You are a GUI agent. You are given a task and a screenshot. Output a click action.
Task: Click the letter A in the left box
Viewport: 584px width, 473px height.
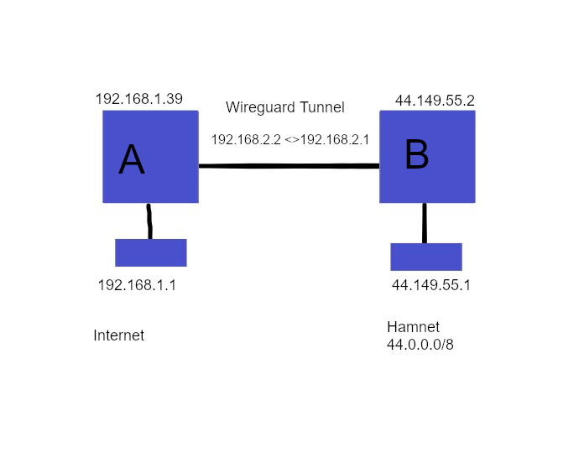click(x=132, y=159)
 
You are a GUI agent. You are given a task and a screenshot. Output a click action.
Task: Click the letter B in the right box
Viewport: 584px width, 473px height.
click(x=417, y=154)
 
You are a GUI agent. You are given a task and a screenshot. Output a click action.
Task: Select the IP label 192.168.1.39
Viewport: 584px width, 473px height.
click(x=139, y=99)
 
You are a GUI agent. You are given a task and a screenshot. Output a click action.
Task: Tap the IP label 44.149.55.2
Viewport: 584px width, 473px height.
click(x=435, y=101)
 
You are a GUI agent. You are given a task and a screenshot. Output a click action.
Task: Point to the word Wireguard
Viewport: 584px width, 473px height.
click(x=260, y=107)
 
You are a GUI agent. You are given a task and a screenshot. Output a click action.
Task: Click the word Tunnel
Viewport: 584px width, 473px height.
click(x=322, y=107)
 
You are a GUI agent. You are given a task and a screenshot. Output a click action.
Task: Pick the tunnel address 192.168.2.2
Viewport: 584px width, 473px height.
click(x=246, y=139)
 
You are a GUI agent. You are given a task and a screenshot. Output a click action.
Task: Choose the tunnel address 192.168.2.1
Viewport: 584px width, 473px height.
click(x=335, y=139)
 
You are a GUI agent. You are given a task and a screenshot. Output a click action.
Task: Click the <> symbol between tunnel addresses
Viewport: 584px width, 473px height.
click(x=292, y=140)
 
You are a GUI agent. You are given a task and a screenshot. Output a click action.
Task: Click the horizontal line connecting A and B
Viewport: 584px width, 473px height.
click(x=289, y=166)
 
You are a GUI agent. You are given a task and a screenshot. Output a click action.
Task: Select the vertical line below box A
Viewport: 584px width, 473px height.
click(x=149, y=221)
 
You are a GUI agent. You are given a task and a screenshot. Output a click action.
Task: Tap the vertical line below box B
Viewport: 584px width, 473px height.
click(x=425, y=223)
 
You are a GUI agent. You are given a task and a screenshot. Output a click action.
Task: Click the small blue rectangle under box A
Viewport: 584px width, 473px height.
click(x=151, y=252)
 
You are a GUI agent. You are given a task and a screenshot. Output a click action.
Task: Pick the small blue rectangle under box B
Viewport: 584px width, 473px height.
click(x=426, y=257)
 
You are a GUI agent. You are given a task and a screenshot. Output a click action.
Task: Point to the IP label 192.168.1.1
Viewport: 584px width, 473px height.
click(x=137, y=285)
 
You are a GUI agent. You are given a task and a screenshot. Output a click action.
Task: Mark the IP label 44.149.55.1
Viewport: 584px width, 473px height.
click(x=431, y=285)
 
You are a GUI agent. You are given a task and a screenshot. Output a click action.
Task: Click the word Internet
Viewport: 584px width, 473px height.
click(x=119, y=335)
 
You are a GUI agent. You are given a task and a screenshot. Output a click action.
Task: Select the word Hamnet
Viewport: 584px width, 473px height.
click(x=413, y=327)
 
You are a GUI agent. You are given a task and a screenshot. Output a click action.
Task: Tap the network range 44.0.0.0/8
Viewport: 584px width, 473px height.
click(x=420, y=345)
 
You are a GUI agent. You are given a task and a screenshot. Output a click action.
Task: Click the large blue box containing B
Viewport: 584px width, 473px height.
click(x=427, y=157)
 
